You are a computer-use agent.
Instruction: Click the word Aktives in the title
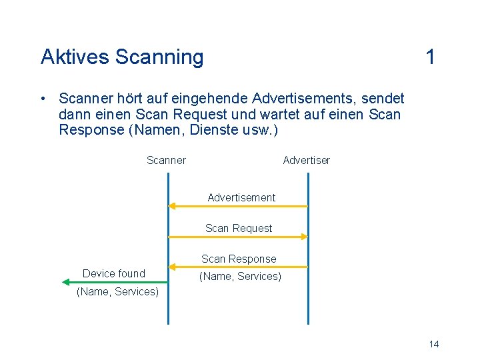tap(75, 57)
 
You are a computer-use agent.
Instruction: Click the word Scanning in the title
tap(159, 58)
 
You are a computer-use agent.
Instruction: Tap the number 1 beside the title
tap(431, 57)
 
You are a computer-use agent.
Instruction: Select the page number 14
tap(434, 344)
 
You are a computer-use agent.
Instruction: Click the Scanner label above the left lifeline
tap(166, 160)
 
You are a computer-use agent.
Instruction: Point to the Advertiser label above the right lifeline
tap(306, 160)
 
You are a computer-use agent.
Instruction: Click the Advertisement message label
tap(241, 197)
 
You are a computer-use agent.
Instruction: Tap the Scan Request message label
tap(239, 228)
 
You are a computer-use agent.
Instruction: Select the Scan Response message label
tap(239, 259)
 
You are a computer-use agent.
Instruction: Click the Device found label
tap(113, 273)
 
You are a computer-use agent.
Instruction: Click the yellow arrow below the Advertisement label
tap(238, 206)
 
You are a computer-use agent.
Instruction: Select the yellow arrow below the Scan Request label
tap(238, 236)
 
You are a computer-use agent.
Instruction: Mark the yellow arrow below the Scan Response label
tap(238, 267)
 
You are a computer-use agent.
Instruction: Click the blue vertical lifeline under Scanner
tap(169, 307)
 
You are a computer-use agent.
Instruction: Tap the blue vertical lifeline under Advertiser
tap(308, 307)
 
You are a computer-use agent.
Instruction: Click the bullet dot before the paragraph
tap(42, 99)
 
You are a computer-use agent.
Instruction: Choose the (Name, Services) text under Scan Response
tap(241, 276)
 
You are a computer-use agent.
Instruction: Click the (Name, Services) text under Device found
tap(118, 292)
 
